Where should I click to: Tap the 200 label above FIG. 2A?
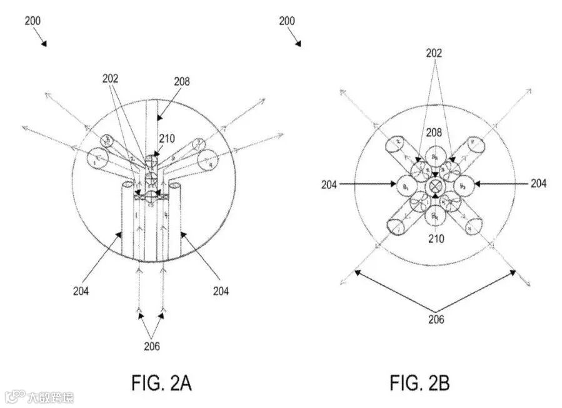click(33, 21)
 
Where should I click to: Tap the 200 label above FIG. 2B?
click(286, 21)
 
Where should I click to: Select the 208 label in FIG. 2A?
click(182, 81)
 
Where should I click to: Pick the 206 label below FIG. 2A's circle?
click(151, 344)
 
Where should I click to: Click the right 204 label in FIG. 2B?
click(538, 184)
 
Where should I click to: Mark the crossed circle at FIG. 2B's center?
click(434, 186)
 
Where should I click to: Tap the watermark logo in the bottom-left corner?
click(12, 397)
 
